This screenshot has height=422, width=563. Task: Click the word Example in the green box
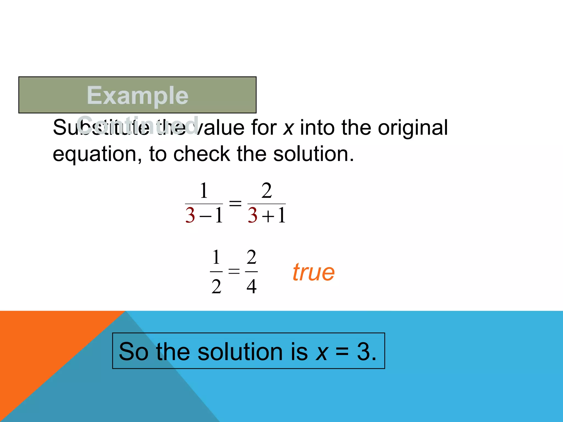click(137, 95)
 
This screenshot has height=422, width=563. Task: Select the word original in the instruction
click(413, 128)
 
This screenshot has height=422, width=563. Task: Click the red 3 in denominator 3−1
click(190, 215)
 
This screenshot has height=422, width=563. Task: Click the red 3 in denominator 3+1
click(252, 215)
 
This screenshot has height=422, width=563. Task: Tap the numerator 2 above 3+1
click(266, 190)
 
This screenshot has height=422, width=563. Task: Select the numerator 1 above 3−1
click(204, 190)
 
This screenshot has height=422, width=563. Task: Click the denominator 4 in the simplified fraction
click(252, 286)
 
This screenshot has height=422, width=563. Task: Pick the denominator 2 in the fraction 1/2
click(216, 286)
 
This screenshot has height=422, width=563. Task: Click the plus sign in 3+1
click(268, 216)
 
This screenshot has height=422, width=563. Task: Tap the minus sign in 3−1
click(206, 216)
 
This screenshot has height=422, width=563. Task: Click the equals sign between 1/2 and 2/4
click(234, 271)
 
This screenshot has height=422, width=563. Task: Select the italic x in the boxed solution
click(322, 352)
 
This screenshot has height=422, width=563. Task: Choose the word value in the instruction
click(220, 128)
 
